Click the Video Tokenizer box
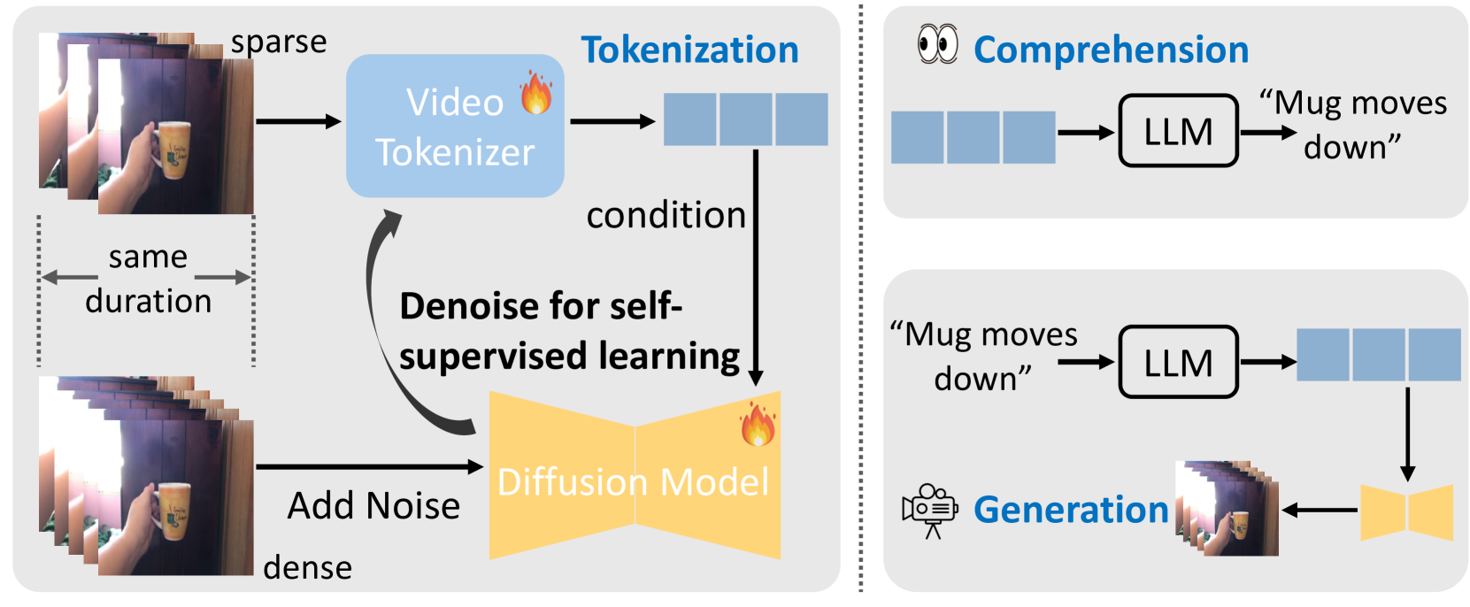[x=454, y=127]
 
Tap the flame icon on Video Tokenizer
[x=535, y=93]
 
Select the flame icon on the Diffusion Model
[x=758, y=424]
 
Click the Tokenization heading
[x=689, y=50]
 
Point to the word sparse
[x=279, y=42]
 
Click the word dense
[x=307, y=567]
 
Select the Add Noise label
[x=373, y=506]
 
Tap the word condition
[x=666, y=216]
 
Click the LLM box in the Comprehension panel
[x=1178, y=132]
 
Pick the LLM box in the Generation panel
[x=1178, y=363]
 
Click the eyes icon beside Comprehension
[x=937, y=44]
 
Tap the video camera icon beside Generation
[x=929, y=511]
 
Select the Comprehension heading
[x=1111, y=50]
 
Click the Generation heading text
[x=1071, y=511]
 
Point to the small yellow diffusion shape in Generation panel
[x=1405, y=511]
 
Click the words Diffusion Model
[x=633, y=482]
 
